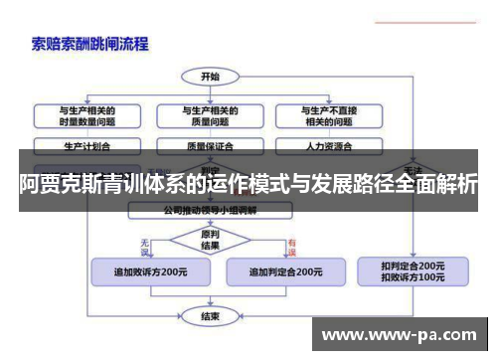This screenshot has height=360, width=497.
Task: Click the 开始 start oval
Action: click(x=210, y=76)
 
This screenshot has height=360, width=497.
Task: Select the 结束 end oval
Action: click(x=210, y=316)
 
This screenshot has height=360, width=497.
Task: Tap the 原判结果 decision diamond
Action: click(x=210, y=239)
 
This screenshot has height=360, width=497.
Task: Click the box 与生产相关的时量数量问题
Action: click(x=87, y=116)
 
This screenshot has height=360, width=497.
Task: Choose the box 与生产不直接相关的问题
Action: click(x=328, y=116)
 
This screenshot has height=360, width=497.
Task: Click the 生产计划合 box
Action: click(x=87, y=145)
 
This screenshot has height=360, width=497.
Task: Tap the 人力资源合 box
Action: click(x=328, y=145)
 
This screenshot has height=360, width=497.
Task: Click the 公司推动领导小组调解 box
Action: click(x=212, y=211)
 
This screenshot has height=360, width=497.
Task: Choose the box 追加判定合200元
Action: click(x=284, y=270)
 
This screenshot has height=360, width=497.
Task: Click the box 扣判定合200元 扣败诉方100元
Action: click(x=413, y=271)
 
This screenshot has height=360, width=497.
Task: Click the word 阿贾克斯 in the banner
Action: click(x=60, y=183)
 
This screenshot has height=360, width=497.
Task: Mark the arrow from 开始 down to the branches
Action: click(x=210, y=90)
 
